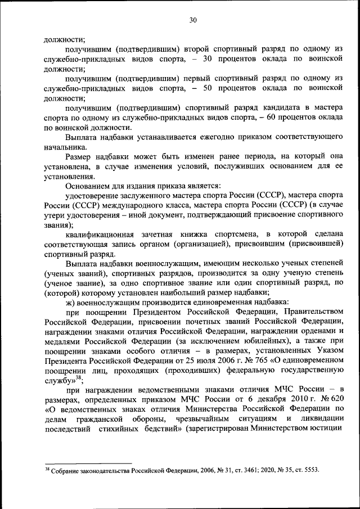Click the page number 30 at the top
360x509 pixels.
192,20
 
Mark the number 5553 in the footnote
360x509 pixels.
310,471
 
